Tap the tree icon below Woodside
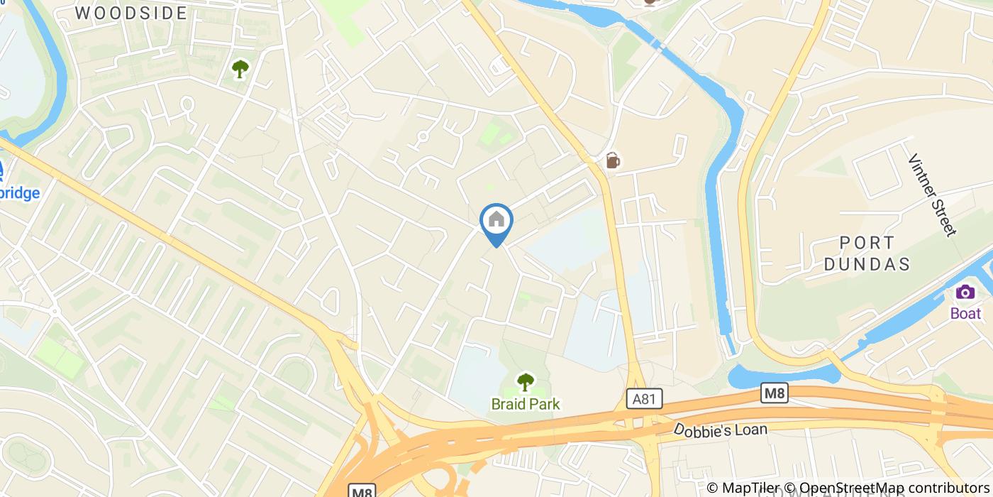(x=240, y=69)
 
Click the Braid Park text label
(x=525, y=404)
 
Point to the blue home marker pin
(x=496, y=222)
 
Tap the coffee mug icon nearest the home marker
(x=613, y=160)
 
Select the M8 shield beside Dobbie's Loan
(x=775, y=393)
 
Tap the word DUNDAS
(x=875, y=264)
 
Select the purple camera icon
(x=965, y=292)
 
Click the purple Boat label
(x=965, y=313)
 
